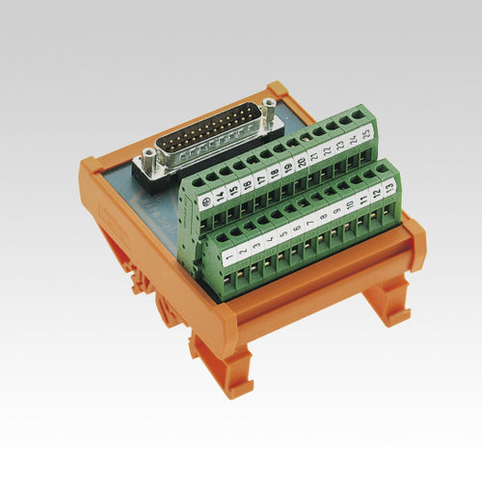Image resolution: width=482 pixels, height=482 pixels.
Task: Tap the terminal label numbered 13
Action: [386, 184]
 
